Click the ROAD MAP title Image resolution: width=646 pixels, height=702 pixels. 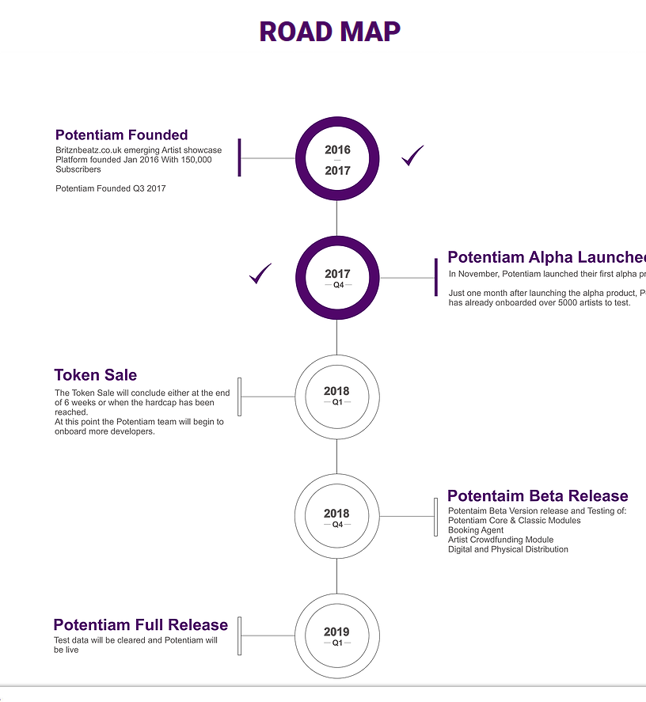330,32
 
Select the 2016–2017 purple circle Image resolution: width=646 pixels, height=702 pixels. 337,159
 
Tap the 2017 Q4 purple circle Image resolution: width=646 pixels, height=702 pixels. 337,278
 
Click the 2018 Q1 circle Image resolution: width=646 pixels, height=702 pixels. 337,396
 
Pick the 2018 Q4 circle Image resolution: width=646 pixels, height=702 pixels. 337,517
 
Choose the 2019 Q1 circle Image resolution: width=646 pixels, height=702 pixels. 337,636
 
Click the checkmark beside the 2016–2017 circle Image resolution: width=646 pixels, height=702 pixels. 412,156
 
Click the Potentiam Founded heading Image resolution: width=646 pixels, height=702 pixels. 121,135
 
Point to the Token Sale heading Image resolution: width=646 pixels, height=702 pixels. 95,375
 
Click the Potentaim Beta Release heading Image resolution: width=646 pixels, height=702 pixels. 538,496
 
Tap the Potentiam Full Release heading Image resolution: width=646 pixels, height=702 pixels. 140,625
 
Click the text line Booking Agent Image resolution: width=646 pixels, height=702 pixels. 475,530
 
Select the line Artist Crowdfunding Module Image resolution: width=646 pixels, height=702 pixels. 500,540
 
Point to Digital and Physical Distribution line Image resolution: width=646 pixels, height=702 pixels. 507,549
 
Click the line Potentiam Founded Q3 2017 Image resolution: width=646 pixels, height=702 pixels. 110,188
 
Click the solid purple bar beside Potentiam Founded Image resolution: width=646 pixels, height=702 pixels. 239,157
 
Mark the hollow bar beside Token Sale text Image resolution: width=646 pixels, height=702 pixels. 240,397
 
